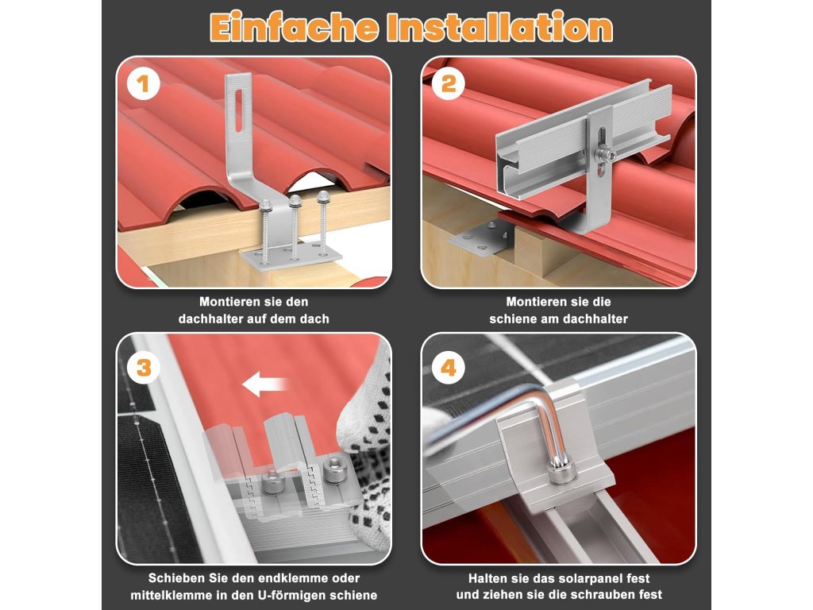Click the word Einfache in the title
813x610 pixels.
point(294,28)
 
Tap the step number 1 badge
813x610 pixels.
point(143,84)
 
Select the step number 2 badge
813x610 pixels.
point(449,84)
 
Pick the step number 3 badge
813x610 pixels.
point(144,368)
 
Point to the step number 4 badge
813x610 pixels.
point(449,368)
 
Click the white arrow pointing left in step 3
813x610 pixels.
point(264,384)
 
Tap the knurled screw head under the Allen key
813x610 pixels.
point(561,471)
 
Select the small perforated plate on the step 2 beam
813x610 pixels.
point(480,236)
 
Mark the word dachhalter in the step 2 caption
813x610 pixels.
point(598,319)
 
